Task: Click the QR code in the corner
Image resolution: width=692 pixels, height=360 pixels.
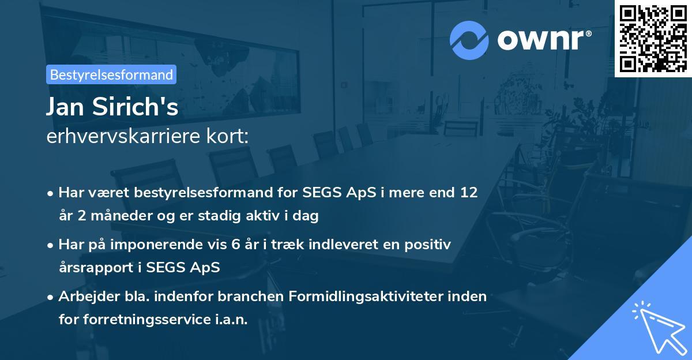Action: (x=653, y=38)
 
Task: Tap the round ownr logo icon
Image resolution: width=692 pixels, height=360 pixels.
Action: (x=469, y=40)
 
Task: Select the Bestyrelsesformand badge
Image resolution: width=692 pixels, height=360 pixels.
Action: (x=111, y=74)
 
